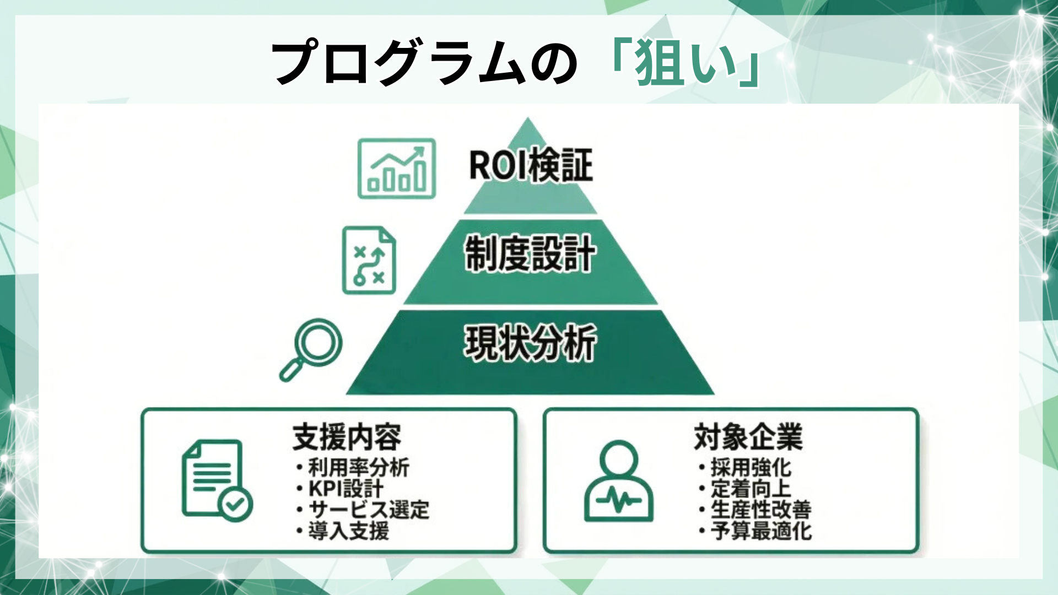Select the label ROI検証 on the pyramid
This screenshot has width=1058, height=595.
click(x=530, y=165)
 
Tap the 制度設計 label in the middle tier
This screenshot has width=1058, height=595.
click(x=530, y=254)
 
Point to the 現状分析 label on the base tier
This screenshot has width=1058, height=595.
click(x=530, y=343)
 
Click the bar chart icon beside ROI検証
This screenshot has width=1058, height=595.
click(x=397, y=169)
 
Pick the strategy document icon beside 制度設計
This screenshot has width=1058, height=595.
click(x=369, y=260)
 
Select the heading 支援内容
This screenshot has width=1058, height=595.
click(x=347, y=437)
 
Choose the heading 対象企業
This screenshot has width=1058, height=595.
click(x=748, y=437)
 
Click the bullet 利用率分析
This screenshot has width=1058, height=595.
click(x=358, y=468)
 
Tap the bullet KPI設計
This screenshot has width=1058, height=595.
click(x=346, y=489)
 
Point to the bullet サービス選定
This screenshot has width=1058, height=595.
click(x=369, y=510)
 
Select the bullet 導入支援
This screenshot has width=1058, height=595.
click(x=348, y=531)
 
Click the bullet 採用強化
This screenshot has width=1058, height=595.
click(x=751, y=468)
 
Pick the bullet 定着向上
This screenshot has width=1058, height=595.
click(x=751, y=489)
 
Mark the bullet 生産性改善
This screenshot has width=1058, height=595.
click(x=760, y=510)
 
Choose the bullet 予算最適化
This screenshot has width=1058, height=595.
click(x=760, y=531)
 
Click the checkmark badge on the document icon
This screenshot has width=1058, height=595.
click(x=235, y=504)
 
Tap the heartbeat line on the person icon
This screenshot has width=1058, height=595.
click(x=618, y=500)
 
